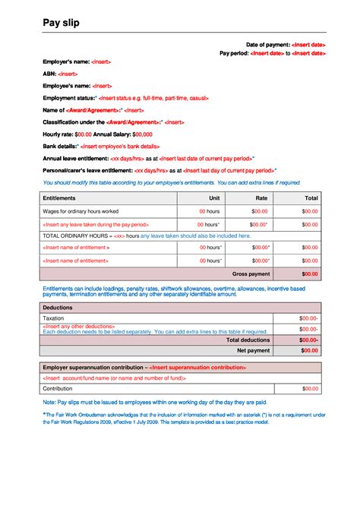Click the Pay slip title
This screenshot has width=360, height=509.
(x=61, y=24)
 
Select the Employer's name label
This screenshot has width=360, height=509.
(x=66, y=62)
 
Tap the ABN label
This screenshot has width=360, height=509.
(x=49, y=74)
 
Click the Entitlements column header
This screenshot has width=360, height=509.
(x=61, y=198)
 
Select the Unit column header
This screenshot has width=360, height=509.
(x=215, y=198)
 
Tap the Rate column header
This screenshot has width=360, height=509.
(x=262, y=198)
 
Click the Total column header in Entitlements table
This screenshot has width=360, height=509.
(x=311, y=198)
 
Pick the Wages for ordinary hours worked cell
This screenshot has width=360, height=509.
(x=81, y=210)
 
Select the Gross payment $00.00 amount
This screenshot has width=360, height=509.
(x=310, y=273)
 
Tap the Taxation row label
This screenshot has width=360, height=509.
(x=54, y=318)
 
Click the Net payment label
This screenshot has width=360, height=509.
(x=253, y=351)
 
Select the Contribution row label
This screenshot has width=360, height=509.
(x=58, y=388)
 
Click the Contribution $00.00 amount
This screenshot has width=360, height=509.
(x=311, y=388)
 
